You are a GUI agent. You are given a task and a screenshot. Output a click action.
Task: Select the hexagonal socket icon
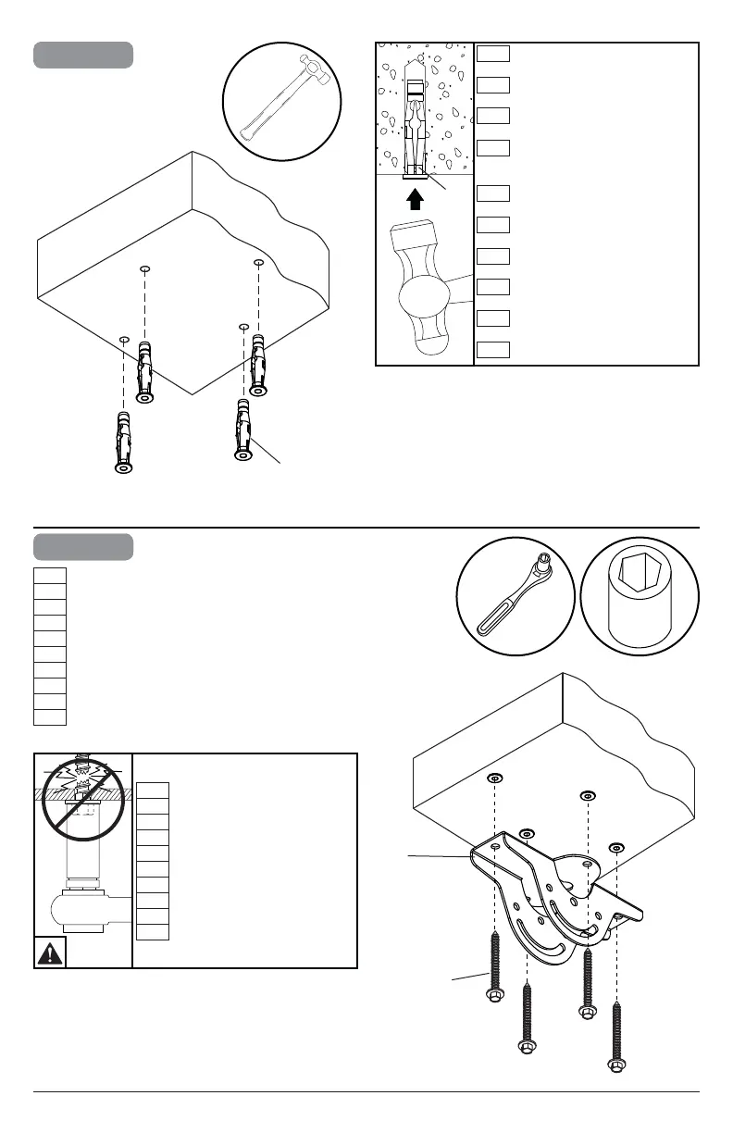tap(640, 594)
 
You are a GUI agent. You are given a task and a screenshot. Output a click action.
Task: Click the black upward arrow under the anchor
tap(416, 198)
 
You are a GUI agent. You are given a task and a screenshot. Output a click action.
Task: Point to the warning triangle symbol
tap(50, 952)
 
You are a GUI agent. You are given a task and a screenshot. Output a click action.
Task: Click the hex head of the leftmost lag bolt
tap(494, 996)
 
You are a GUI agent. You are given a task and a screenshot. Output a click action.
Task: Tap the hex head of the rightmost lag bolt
tap(615, 1066)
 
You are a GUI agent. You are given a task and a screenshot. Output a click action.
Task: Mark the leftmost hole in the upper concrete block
tap(123, 339)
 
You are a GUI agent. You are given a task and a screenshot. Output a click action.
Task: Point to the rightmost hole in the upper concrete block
tap(259, 264)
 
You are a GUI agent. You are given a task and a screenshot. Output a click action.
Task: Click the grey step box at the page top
tap(83, 55)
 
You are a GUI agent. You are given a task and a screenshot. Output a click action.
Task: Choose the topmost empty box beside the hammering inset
tap(494, 53)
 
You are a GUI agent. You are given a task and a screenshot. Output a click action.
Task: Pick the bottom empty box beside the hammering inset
tap(494, 349)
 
